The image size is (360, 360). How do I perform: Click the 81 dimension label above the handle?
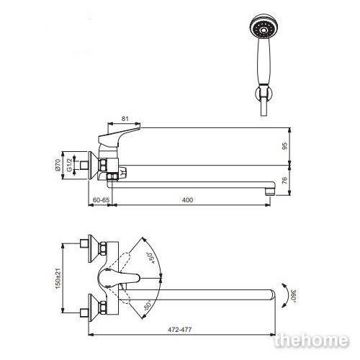point(125,119)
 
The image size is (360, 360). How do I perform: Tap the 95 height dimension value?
point(284,146)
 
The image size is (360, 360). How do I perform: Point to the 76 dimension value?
point(284,180)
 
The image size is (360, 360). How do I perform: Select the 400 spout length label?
point(187,200)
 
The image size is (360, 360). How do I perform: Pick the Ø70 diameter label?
point(58,165)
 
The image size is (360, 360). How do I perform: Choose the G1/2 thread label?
point(69,165)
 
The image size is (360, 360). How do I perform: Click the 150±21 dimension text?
point(58,278)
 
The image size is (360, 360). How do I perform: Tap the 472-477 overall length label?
point(180,330)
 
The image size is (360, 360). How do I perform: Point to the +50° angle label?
point(150,258)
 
